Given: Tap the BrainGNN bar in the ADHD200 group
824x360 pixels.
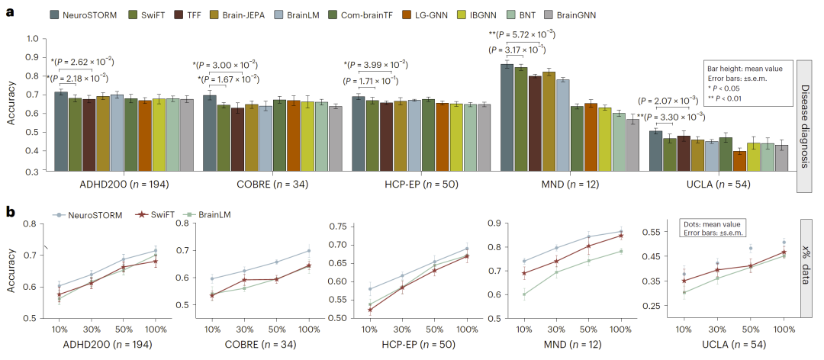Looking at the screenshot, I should click(x=185, y=135).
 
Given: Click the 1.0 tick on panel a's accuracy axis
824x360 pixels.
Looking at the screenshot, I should click(x=32, y=39).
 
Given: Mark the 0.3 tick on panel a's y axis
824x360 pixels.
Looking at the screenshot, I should click(x=32, y=172).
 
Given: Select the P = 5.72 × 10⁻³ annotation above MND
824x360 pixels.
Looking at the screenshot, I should click(x=522, y=34).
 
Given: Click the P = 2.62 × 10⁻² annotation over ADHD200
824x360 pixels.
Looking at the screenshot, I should click(x=82, y=62).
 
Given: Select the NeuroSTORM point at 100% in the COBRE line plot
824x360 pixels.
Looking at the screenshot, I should click(x=309, y=250).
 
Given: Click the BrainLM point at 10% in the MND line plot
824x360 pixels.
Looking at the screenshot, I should click(x=524, y=294).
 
